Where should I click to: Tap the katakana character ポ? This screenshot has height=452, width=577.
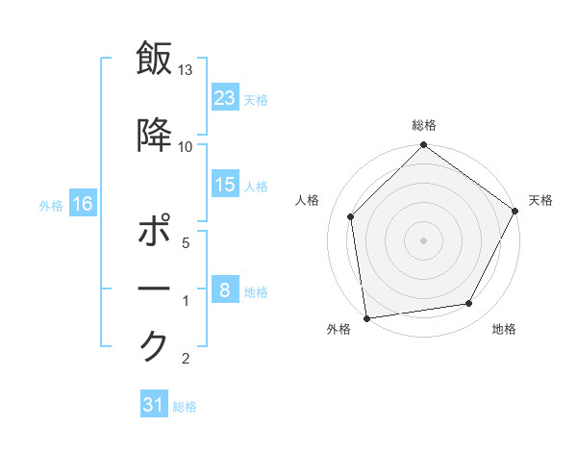click(x=155, y=234)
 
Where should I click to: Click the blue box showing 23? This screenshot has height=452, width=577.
click(x=225, y=98)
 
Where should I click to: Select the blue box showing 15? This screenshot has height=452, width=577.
click(x=225, y=185)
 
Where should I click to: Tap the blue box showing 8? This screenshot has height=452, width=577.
click(x=225, y=290)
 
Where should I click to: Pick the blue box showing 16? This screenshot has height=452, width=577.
click(x=82, y=204)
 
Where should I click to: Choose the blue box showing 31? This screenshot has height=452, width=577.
click(x=154, y=405)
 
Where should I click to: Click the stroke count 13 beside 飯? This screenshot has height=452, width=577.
click(x=186, y=70)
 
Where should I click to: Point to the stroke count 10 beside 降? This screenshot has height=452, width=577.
click(x=186, y=146)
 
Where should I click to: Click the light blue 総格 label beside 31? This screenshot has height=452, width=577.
click(x=185, y=407)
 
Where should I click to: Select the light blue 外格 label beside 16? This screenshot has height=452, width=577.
click(x=51, y=205)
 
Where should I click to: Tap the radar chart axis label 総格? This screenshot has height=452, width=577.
click(x=424, y=125)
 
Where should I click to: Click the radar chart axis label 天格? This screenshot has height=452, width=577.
click(x=540, y=200)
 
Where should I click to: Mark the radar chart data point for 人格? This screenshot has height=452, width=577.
click(x=351, y=216)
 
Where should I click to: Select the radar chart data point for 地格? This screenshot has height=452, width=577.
click(x=469, y=304)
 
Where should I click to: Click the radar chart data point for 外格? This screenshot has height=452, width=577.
click(x=366, y=318)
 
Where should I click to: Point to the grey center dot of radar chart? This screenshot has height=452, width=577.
click(x=423, y=239)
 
